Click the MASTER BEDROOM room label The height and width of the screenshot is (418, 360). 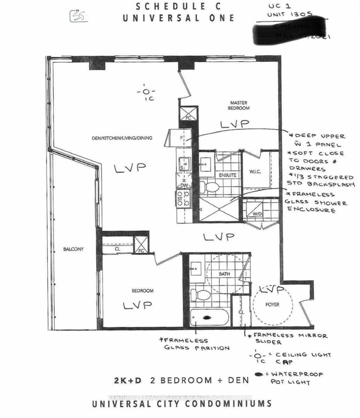pyautogui.click(x=239, y=106)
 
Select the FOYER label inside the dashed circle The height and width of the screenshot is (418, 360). pyautogui.click(x=272, y=304)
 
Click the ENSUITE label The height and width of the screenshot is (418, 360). pyautogui.click(x=228, y=175)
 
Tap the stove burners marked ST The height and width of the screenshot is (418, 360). pyautogui.click(x=183, y=198)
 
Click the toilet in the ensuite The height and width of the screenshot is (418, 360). pyautogui.click(x=210, y=187)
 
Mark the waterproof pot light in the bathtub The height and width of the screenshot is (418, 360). pyautogui.click(x=207, y=318)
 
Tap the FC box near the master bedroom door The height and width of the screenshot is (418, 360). pyautogui.click(x=188, y=114)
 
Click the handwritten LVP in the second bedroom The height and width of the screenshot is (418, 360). pyautogui.click(x=137, y=305)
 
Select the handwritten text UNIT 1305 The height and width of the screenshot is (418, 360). pyautogui.click(x=290, y=15)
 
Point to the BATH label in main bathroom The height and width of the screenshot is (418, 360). pyautogui.click(x=224, y=274)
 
